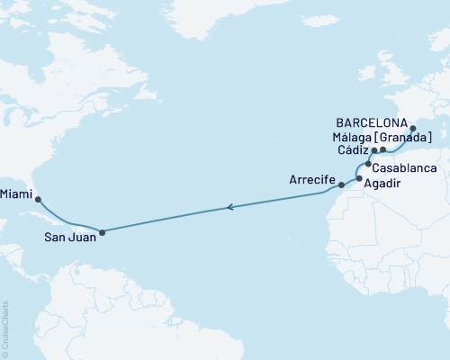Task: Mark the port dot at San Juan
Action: (102, 232)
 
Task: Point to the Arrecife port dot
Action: (341, 186)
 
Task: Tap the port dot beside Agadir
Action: (359, 179)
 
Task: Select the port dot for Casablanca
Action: (368, 165)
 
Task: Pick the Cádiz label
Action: (352, 151)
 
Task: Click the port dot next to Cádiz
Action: (373, 150)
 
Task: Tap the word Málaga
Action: (355, 137)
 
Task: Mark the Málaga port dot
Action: (382, 149)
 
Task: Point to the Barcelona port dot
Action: (413, 129)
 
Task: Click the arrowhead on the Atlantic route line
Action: (231, 208)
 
